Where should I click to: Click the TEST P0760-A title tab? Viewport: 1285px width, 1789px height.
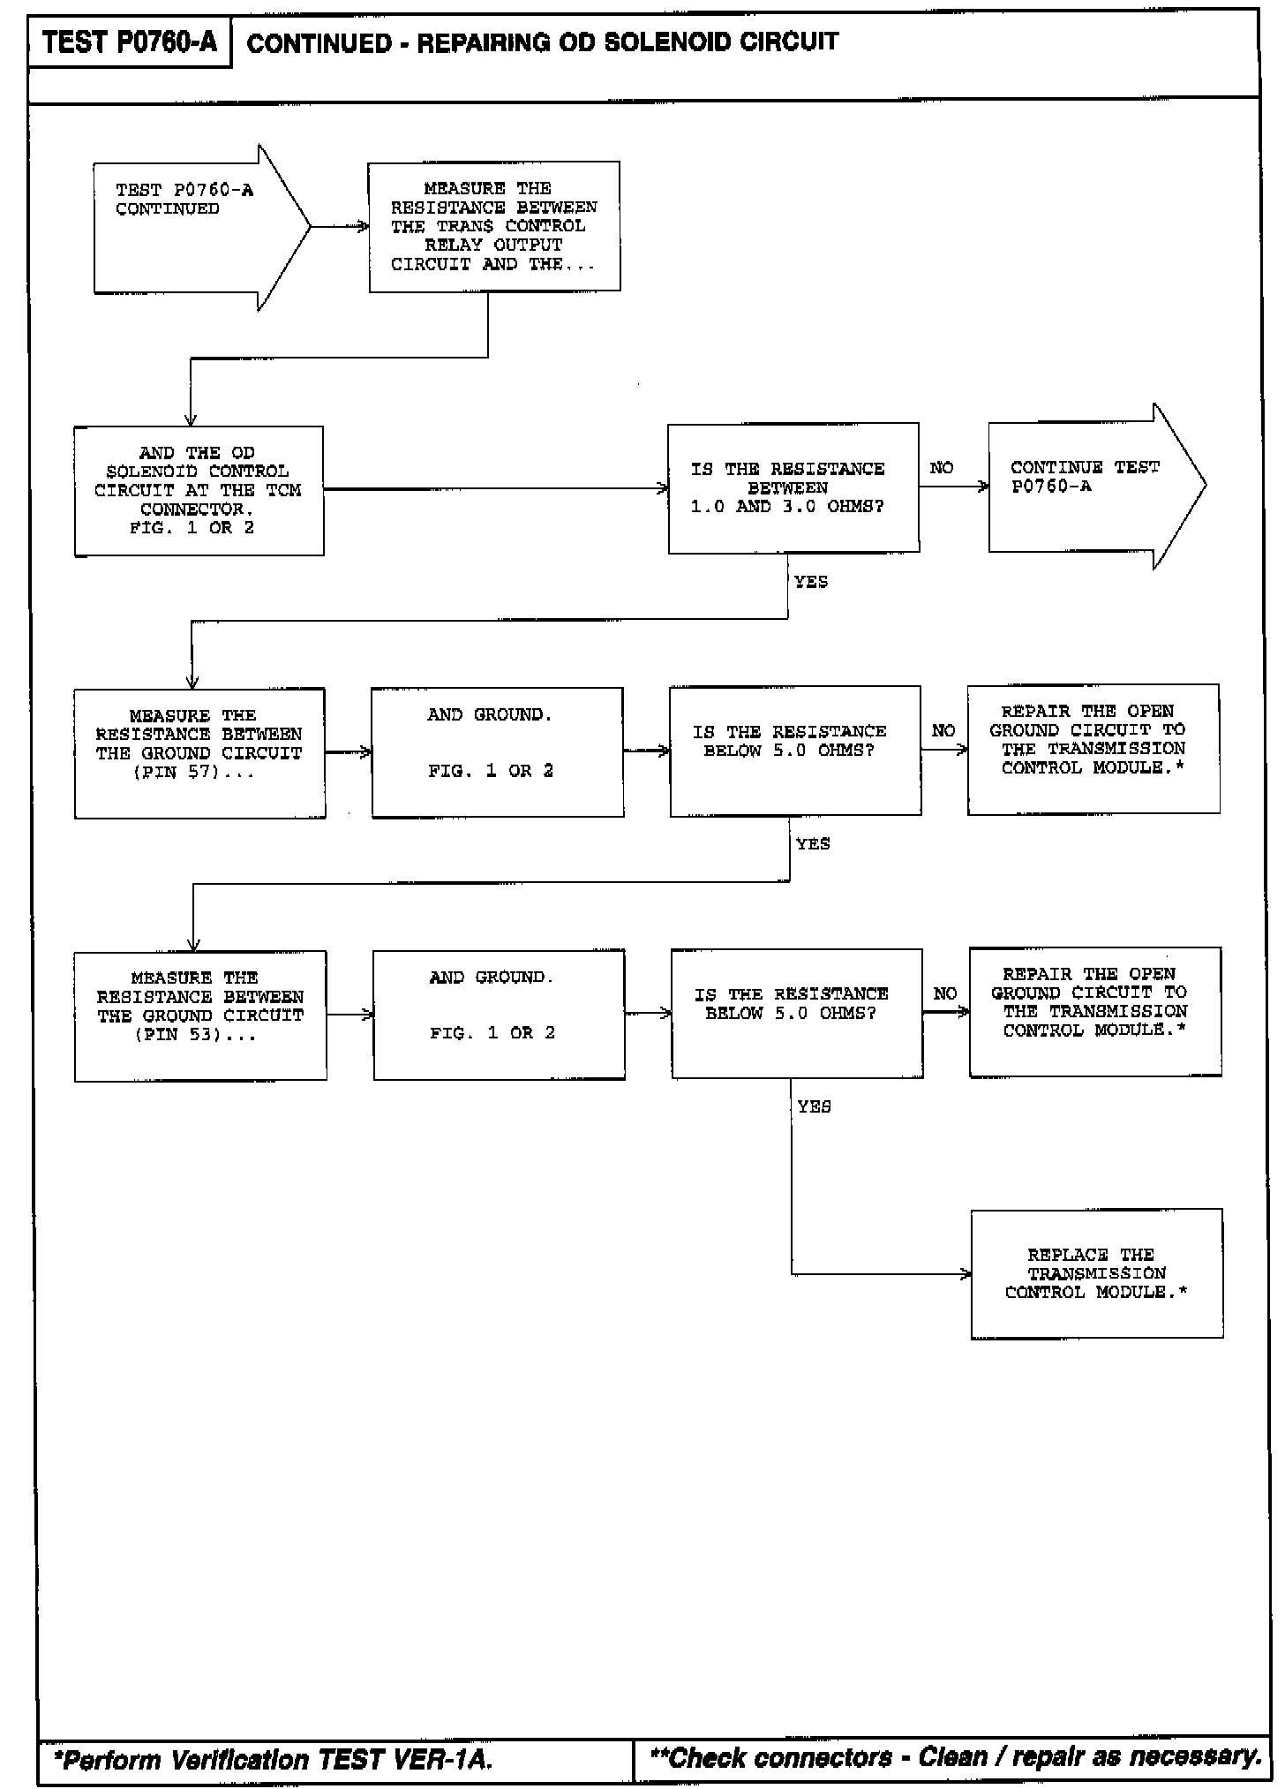130,42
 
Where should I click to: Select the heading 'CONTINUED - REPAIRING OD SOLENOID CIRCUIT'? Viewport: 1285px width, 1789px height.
542,42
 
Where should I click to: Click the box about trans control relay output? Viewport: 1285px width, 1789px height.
494,226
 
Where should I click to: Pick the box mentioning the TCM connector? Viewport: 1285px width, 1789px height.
199,491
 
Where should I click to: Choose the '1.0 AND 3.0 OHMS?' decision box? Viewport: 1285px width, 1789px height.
793,488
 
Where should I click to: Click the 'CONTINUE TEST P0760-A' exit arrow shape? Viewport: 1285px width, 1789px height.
1095,487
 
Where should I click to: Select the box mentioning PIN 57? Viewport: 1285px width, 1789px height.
199,753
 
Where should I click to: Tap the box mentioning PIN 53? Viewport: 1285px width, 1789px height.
200,1015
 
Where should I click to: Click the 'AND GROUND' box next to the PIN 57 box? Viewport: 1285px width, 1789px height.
497,752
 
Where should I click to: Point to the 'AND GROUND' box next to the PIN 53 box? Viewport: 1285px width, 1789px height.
499,1015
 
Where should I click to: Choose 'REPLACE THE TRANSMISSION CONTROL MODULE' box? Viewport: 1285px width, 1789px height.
1096,1273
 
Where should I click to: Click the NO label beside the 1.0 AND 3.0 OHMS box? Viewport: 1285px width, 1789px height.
942,468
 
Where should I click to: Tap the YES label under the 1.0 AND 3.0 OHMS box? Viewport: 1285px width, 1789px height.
810,582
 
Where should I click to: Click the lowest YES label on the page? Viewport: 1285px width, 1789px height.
813,1106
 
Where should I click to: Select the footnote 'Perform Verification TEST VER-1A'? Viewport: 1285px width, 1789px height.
274,1760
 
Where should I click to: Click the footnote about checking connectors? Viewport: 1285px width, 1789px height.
955,1757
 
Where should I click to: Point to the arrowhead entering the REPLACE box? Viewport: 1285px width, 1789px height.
966,1273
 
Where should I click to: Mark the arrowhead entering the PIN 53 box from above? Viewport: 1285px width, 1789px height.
193,945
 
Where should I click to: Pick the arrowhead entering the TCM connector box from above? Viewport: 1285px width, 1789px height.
191,420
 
